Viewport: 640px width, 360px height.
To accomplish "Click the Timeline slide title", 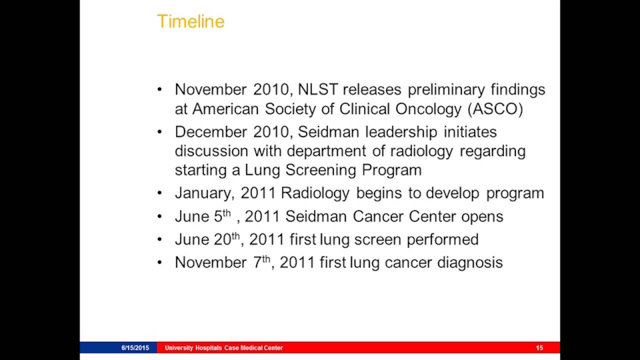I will [190, 21].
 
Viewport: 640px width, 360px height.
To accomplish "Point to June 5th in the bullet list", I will [202, 216].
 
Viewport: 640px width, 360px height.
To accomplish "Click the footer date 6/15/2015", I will [135, 348].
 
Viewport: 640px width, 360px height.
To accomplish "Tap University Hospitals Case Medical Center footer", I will [223, 348].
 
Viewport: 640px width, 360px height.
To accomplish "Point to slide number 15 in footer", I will [539, 348].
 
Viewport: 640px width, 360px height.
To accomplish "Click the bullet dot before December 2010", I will [159, 132].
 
